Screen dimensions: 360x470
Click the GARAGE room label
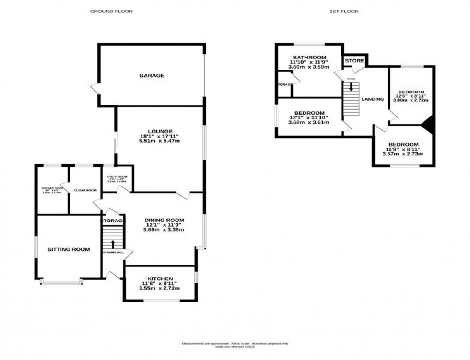coord(152,75)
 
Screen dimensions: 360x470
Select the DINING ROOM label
coord(164,220)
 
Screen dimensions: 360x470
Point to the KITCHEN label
coord(160,279)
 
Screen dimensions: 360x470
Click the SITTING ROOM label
coord(69,249)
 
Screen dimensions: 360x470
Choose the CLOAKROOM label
coord(85,190)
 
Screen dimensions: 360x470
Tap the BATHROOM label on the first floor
coord(310,57)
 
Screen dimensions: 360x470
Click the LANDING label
coord(373,99)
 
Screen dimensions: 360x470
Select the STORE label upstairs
coord(354,61)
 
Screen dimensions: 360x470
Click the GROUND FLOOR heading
coord(111,11)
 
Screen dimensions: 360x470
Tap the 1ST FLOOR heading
coord(344,11)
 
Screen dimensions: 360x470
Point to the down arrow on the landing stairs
coord(352,87)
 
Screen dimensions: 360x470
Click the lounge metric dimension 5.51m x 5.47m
coord(160,142)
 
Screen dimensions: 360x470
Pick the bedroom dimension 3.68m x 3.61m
coord(309,123)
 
